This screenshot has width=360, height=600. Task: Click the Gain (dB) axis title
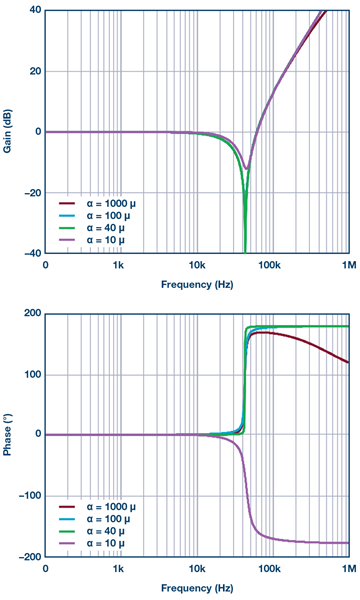(8, 131)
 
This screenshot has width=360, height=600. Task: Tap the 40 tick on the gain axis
(34, 11)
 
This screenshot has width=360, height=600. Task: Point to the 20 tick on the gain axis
(34, 71)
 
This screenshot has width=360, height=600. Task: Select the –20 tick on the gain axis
(32, 193)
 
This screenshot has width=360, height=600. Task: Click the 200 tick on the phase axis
(31, 314)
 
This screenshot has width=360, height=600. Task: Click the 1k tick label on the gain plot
(119, 266)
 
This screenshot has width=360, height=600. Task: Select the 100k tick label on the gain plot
(268, 266)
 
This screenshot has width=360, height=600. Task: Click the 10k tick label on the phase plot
(196, 569)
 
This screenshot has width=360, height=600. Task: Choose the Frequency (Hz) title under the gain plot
(197, 285)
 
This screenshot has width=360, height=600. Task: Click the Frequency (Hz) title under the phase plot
(197, 587)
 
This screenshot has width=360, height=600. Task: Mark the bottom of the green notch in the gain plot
(245, 251)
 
